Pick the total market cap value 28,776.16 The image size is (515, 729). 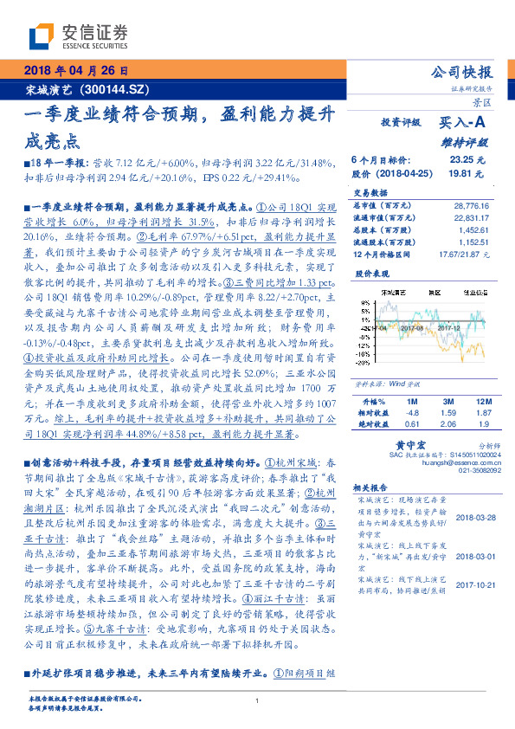(x=471, y=206)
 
